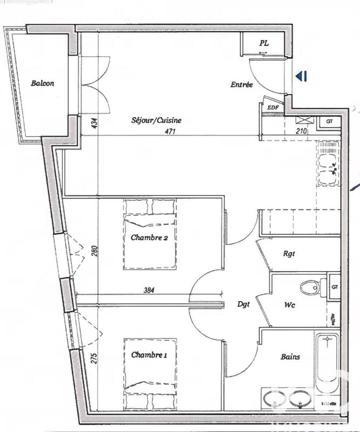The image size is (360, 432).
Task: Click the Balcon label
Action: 42,83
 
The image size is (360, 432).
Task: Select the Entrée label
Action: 241,84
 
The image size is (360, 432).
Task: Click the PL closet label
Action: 264,42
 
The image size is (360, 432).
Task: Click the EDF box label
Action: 266,107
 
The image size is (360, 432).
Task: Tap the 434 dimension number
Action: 94,123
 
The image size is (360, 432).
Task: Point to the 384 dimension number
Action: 149,290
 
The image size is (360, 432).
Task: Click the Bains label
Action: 290,356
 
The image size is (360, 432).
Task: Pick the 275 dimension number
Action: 93,359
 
